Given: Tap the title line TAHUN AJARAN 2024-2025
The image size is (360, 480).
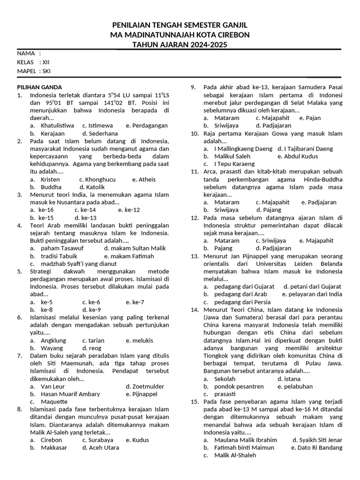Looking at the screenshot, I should (x=180, y=45).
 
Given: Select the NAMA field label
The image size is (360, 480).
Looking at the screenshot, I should (x=26, y=53).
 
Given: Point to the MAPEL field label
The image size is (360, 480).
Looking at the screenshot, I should (x=27, y=71).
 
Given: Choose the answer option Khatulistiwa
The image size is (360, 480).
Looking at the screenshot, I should (x=57, y=126).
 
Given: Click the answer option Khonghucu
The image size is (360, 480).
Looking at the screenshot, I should (x=97, y=180).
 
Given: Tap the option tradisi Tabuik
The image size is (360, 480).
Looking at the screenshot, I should (x=59, y=256).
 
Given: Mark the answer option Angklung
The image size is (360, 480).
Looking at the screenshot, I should (x=53, y=340).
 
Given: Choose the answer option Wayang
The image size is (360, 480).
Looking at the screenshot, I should (x=52, y=348).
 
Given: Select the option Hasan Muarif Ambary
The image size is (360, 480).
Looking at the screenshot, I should (x=70, y=394).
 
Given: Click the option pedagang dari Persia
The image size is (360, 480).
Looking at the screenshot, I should (x=242, y=302).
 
